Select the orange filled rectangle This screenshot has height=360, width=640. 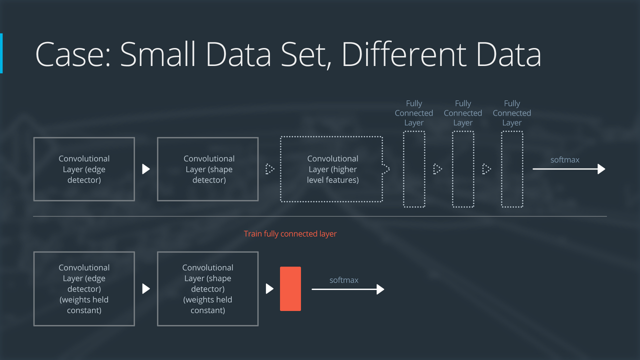click(x=290, y=288)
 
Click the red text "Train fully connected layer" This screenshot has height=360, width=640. click(x=290, y=233)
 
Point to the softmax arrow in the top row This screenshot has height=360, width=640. click(x=569, y=169)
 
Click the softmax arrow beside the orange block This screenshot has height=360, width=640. click(x=348, y=289)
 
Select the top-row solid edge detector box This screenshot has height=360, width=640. click(x=84, y=169)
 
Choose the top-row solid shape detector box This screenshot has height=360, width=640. click(x=207, y=169)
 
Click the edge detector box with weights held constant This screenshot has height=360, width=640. click(x=84, y=288)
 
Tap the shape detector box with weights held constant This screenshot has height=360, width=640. click(x=207, y=288)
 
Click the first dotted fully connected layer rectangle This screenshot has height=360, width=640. click(x=414, y=169)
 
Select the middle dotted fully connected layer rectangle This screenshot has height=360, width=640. click(x=463, y=169)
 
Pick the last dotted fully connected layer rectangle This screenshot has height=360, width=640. click(x=512, y=169)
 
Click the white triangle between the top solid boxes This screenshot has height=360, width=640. click(x=146, y=169)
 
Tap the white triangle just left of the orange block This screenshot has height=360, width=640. click(x=269, y=288)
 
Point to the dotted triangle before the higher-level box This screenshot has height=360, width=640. click(x=269, y=169)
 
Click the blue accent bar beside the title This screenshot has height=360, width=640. click(x=1, y=53)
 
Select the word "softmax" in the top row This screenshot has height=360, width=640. click(x=564, y=160)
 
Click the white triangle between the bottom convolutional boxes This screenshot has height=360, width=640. click(x=146, y=288)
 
